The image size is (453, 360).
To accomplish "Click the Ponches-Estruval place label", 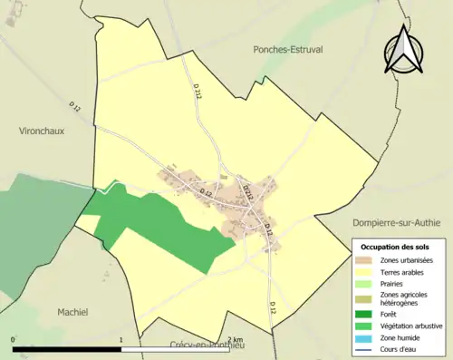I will pos(289,49).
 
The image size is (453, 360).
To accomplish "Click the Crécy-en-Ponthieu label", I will pos(210,345).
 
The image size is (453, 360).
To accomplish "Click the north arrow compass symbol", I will pos(404,52).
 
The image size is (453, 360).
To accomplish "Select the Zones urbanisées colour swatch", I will pos(364,261).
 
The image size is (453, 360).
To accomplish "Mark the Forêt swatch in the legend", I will pos(364,316).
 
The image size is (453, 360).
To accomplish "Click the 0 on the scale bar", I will pos(14,339).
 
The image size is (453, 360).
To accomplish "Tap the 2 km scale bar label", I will pos(235,339).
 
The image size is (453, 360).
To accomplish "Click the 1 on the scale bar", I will pos(121,339).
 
